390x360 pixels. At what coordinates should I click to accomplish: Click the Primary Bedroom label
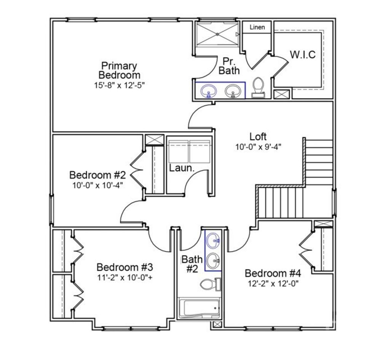coord(119,70)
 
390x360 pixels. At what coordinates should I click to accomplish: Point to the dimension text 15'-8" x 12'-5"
coord(119,85)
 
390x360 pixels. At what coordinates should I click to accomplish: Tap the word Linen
coord(257,27)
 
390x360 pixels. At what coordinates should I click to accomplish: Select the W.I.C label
coord(303,54)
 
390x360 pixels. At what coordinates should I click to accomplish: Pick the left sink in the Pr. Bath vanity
coord(209,91)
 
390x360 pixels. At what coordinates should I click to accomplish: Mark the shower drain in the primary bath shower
coord(217,34)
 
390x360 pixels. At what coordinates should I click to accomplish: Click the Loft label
coord(258,136)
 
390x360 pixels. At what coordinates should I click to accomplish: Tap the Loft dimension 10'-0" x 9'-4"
coord(258,146)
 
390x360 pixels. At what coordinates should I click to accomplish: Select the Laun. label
coord(182,168)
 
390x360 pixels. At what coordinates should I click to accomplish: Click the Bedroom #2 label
coord(97,175)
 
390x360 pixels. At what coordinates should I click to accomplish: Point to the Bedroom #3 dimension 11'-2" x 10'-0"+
coord(125,277)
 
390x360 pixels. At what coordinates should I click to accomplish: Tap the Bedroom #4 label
coord(273,273)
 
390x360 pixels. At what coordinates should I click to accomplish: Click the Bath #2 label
coord(192,264)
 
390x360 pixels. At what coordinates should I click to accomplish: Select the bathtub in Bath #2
coord(200,308)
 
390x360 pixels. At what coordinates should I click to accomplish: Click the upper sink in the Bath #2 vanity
coord(213,240)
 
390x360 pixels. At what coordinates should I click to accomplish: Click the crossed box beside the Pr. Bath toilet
coord(282,94)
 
